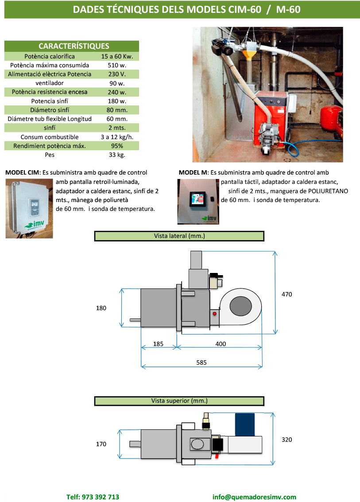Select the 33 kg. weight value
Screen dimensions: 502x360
[117, 155]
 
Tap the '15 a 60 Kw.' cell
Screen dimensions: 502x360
[117, 56]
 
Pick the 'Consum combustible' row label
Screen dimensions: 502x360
[50, 137]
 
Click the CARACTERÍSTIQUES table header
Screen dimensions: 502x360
[74, 46]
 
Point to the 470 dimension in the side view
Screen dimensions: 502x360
[286, 294]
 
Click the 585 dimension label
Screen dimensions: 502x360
[201, 362]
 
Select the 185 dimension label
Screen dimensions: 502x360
[158, 344]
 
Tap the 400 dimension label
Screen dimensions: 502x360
[221, 344]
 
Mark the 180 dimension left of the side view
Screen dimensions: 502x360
[101, 308]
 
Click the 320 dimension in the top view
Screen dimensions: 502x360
[286, 440]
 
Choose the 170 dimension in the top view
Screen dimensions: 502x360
[101, 444]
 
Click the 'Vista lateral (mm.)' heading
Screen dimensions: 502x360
[179, 237]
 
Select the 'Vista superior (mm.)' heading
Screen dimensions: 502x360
[179, 401]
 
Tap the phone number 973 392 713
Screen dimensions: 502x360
[93, 497]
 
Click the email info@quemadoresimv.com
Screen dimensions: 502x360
[254, 497]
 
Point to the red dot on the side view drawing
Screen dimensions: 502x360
[214, 314]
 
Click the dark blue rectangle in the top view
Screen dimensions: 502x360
[244, 424]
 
